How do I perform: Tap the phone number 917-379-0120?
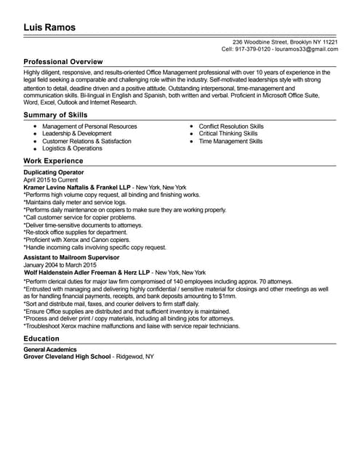point(253,49)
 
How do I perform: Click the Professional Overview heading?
point(63,62)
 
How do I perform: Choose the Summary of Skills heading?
point(55,115)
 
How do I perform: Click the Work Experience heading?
point(53,161)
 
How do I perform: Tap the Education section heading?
point(41,339)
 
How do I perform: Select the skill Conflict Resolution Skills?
point(231,126)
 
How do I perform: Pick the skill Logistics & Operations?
point(73,148)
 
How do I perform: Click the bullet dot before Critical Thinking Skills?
point(191,134)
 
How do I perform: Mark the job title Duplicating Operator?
point(55,172)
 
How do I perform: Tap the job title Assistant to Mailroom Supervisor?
point(71,258)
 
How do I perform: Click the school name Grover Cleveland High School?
point(67,357)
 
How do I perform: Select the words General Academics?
point(50,350)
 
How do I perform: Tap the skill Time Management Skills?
point(231,141)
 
